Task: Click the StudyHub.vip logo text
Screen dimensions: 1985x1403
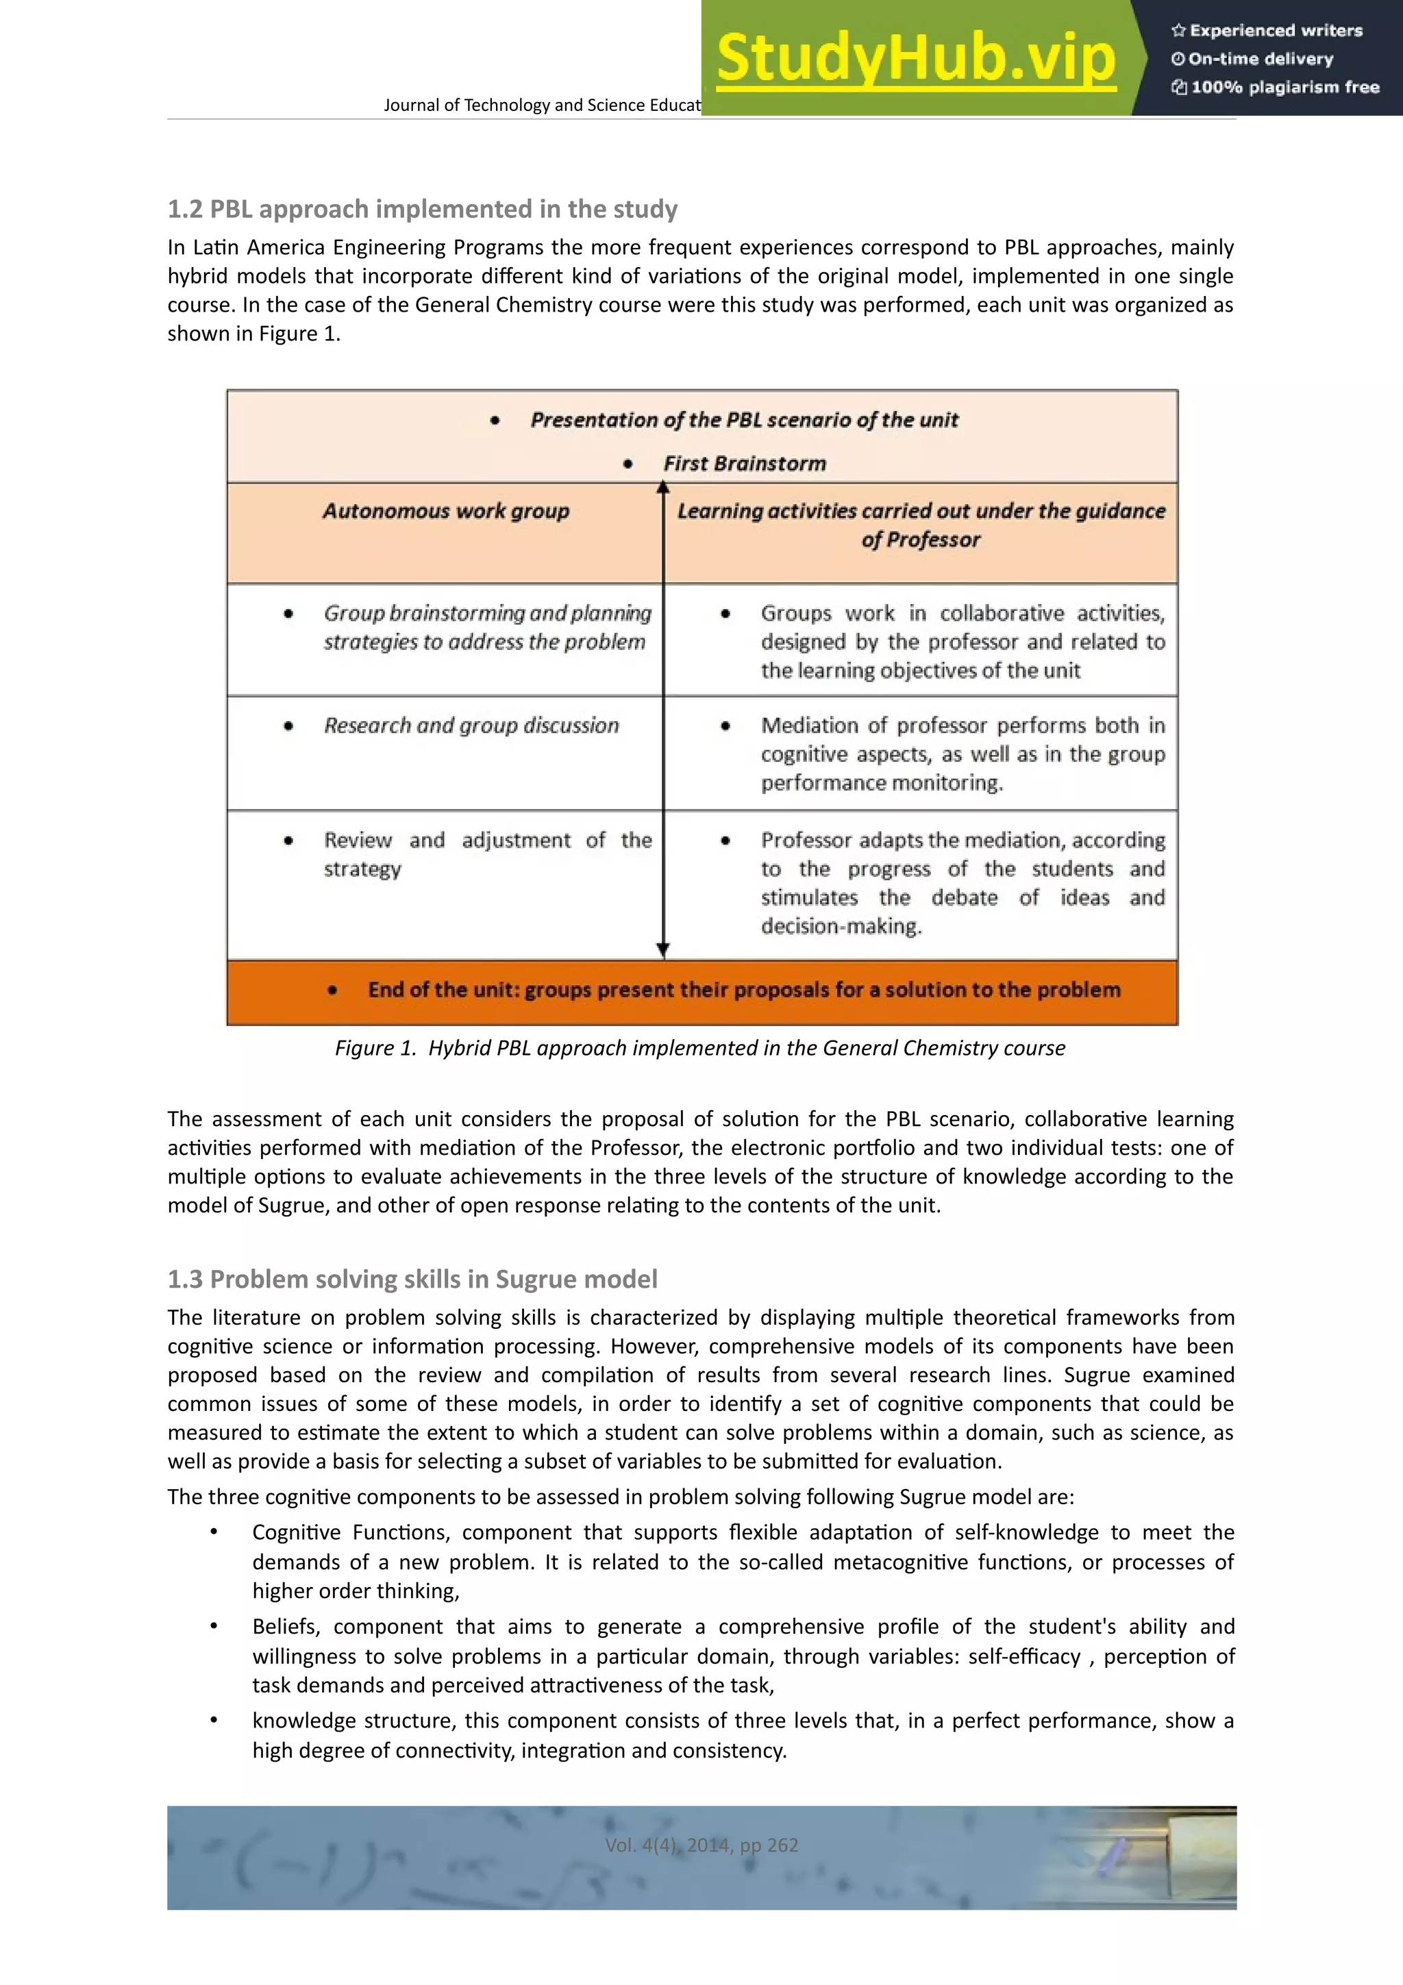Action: click(915, 58)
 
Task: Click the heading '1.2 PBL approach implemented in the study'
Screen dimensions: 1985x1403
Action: click(422, 209)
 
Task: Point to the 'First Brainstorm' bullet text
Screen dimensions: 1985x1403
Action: click(744, 464)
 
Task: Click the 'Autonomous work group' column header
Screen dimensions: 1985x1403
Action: click(446, 511)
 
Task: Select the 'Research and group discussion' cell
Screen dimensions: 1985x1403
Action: click(471, 725)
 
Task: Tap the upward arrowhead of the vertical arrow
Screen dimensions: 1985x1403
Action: click(663, 488)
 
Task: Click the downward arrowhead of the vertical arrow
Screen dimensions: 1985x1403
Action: click(663, 949)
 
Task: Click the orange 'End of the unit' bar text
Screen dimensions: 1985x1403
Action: click(743, 990)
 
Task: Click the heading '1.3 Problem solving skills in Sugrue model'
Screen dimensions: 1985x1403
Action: click(412, 1279)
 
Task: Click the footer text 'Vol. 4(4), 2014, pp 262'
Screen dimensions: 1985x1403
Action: click(701, 1845)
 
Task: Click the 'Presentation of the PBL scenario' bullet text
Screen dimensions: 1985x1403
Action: click(743, 420)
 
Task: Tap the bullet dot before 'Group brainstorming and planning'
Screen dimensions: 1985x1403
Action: click(288, 614)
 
